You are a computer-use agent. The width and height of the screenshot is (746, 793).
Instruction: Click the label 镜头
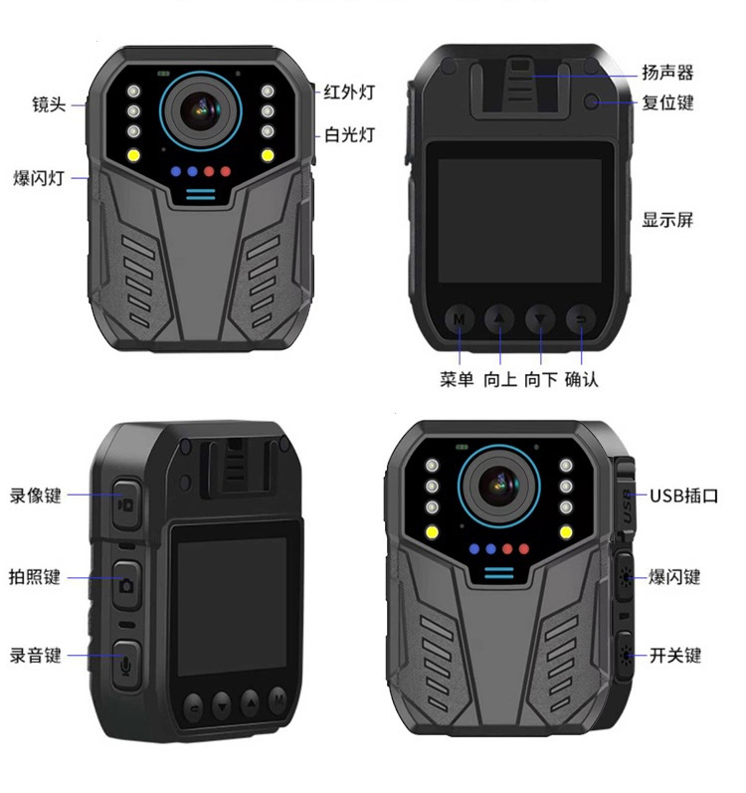[49, 104]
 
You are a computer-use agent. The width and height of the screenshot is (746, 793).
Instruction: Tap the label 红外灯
[349, 93]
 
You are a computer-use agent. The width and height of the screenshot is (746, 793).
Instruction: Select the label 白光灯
[349, 135]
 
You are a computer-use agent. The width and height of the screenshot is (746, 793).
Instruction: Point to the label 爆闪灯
[39, 178]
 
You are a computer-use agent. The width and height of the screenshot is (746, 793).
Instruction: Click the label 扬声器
[667, 73]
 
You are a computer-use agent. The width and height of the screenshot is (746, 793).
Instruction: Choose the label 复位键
[667, 102]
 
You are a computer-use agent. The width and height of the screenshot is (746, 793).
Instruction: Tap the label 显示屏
[667, 220]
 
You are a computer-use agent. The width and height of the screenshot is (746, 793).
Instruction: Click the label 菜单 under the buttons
[457, 379]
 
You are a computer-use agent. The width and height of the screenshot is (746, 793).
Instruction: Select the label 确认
[582, 379]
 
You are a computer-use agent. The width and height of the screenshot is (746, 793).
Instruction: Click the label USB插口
[684, 496]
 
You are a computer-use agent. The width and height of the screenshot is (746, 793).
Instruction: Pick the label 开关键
[675, 656]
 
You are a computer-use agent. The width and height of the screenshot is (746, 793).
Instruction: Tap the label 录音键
[36, 656]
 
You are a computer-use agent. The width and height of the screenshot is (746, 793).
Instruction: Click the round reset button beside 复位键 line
[591, 101]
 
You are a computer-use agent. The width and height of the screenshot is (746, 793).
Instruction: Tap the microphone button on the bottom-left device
[126, 665]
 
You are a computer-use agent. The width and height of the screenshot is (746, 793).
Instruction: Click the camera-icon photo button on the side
[126, 584]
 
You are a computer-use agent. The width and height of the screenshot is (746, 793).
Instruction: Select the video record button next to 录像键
[126, 504]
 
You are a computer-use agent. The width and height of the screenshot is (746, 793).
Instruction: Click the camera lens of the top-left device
[201, 110]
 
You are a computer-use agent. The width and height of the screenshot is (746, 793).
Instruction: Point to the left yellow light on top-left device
[133, 155]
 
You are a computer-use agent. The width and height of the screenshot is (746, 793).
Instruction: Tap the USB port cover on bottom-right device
[626, 498]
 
